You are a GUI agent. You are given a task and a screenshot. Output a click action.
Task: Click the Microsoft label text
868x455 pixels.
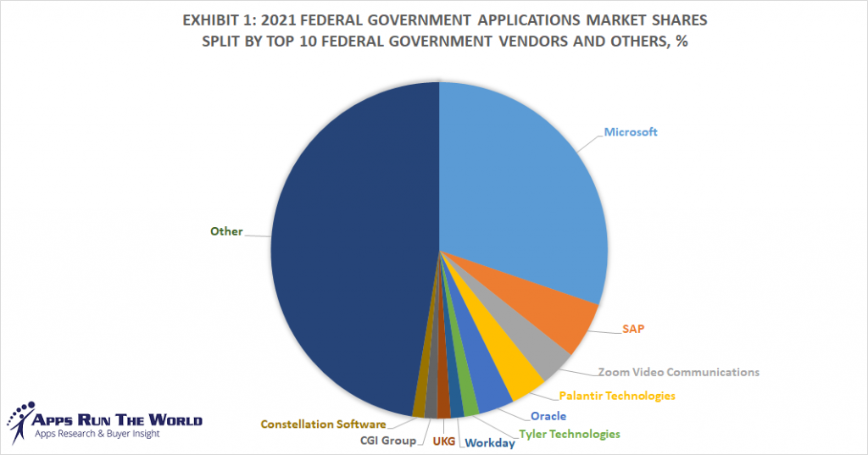(631, 132)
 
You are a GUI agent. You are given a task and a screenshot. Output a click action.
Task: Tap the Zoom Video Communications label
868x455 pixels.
(678, 371)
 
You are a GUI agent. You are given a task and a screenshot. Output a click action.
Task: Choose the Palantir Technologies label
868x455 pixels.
(617, 395)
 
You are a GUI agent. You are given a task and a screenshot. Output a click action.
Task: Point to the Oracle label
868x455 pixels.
(548, 416)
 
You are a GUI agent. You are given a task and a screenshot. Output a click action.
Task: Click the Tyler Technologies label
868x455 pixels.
(569, 434)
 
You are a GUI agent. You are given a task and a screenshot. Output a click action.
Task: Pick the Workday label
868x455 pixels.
(490, 442)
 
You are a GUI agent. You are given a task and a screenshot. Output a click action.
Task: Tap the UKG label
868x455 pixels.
(444, 441)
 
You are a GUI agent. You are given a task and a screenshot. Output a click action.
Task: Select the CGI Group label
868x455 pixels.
(386, 441)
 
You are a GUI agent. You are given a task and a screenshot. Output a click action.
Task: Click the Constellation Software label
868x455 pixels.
(323, 424)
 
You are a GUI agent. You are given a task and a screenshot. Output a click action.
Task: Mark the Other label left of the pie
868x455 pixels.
(226, 231)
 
